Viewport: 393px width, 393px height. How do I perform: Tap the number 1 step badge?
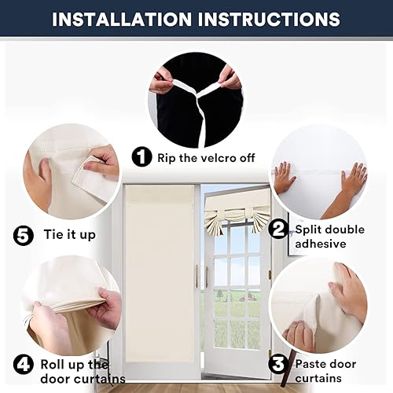click(x=142, y=157)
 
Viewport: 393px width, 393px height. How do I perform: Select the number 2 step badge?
click(x=277, y=230)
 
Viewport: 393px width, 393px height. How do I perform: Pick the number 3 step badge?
click(x=277, y=364)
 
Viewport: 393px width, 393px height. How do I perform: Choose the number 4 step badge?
click(x=24, y=364)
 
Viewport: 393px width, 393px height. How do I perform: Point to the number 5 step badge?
click(x=24, y=234)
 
